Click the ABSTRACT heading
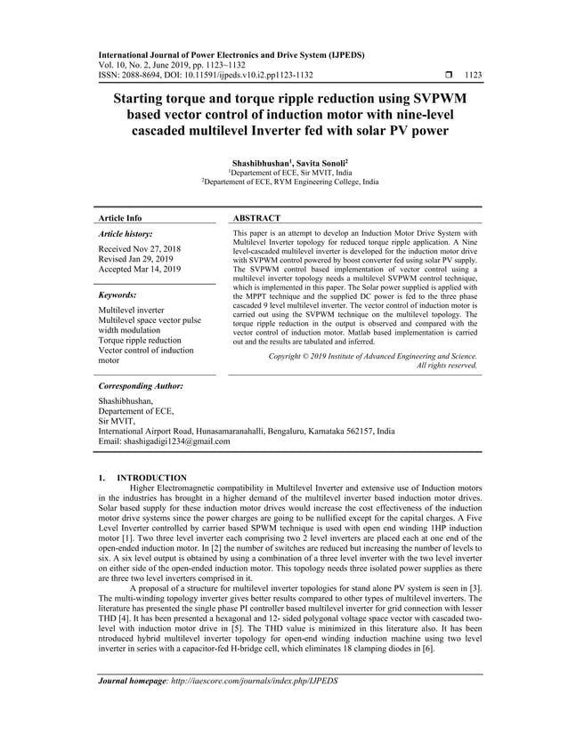pos(256,218)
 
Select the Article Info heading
pos(119,218)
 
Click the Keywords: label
pos(117,295)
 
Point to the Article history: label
pos(126,233)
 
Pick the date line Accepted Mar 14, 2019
pos(140,269)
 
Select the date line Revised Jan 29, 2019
pos(135,258)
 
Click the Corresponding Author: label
pos(141,387)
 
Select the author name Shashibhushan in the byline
pos(260,165)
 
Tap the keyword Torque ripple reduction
pos(142,341)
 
